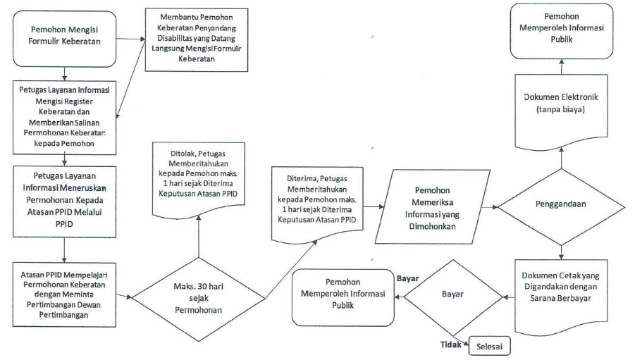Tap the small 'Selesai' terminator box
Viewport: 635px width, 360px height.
tap(492, 347)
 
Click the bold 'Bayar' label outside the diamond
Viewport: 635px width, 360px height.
tap(408, 278)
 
